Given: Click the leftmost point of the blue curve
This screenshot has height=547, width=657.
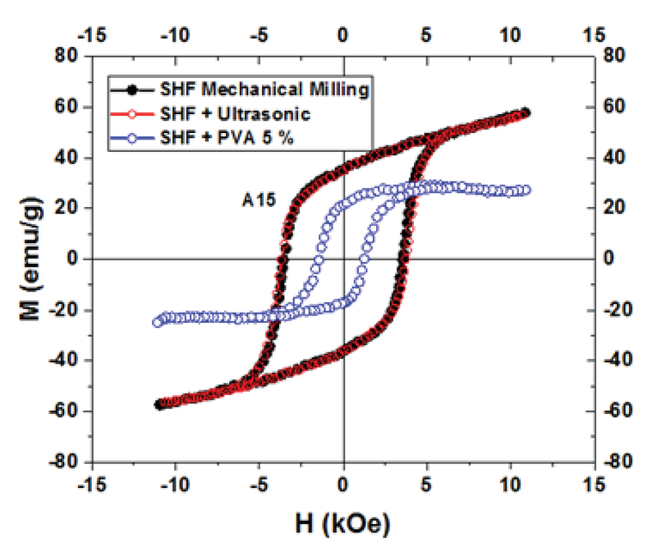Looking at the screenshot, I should [x=157, y=322].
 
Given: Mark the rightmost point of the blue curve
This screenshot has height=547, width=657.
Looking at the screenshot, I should [x=526, y=190].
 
